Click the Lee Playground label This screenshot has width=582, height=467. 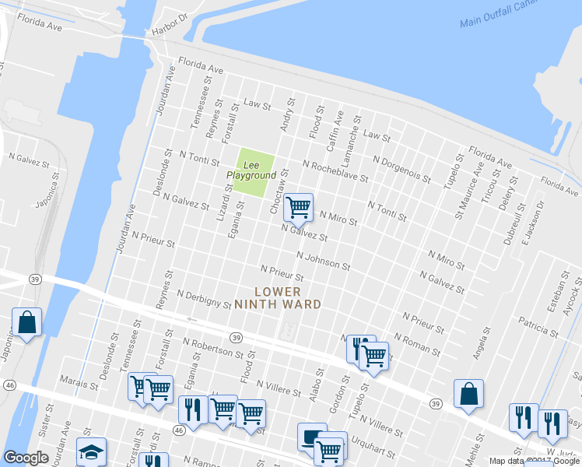(x=251, y=170)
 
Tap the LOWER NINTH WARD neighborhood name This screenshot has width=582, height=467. (x=278, y=298)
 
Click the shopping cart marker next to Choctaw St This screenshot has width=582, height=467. (x=298, y=208)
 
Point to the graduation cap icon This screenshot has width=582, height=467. (x=92, y=451)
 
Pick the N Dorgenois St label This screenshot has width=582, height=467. (x=401, y=170)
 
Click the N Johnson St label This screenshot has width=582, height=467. (x=324, y=259)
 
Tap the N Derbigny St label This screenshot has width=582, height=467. (x=204, y=300)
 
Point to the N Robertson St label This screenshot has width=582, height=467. (x=213, y=347)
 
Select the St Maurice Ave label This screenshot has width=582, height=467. (x=468, y=198)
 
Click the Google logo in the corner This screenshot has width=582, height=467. (x=26, y=458)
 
